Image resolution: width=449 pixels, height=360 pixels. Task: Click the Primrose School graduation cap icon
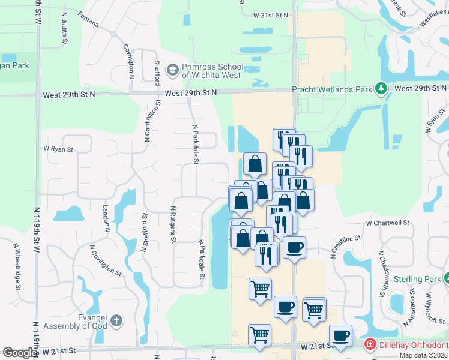pos(173,71)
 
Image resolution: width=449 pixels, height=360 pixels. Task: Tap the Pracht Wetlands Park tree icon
pos(381,89)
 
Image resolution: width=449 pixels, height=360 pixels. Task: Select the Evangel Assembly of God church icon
pos(116,320)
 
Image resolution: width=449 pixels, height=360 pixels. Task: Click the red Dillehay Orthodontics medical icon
pos(370,344)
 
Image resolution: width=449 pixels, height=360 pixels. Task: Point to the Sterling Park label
pos(418,279)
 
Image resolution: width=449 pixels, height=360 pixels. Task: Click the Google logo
pos(20,353)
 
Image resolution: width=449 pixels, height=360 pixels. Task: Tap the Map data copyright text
pos(423,355)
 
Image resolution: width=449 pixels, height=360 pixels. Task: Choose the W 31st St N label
pos(271,14)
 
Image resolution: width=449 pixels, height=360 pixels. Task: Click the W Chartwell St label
pos(387,223)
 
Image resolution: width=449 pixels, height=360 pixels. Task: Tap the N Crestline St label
pos(345,246)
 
